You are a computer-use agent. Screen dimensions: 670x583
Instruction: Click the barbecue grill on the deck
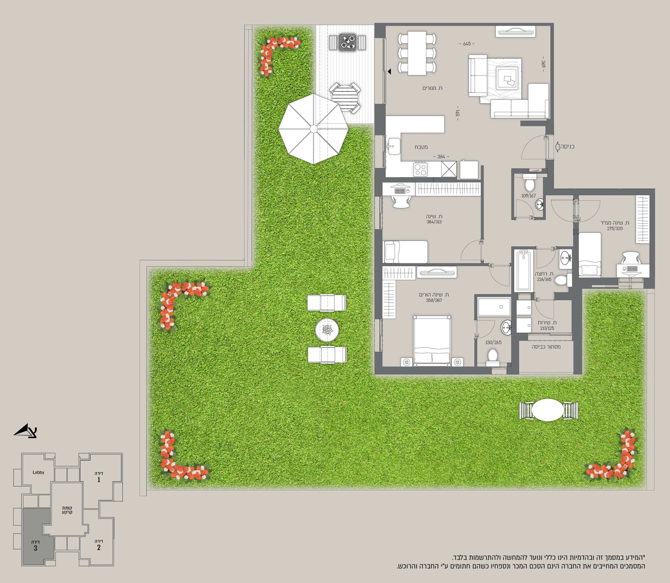point(348,42)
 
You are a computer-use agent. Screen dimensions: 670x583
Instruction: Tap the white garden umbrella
point(313,129)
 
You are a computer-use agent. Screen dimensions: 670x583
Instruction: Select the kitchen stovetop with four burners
point(420,169)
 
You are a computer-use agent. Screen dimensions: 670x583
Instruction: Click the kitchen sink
point(394,146)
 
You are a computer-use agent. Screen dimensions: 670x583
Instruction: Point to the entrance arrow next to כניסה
point(557,147)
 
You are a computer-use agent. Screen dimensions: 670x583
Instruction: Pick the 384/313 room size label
point(434,222)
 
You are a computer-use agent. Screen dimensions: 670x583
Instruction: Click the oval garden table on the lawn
point(548,410)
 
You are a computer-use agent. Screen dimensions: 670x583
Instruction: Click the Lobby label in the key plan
point(38,472)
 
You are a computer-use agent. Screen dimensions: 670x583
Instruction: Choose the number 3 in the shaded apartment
point(35,548)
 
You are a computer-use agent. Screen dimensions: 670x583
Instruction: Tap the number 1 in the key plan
point(99,480)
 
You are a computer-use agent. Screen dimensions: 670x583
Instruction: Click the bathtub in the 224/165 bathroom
point(523,270)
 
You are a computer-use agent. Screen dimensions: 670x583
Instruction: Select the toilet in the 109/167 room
point(529,183)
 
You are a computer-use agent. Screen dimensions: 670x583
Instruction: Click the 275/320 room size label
point(615,229)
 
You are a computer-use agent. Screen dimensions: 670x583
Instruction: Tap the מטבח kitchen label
point(421,147)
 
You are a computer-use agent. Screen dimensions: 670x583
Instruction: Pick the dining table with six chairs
point(417,53)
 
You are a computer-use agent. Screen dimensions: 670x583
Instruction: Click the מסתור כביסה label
point(546,347)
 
